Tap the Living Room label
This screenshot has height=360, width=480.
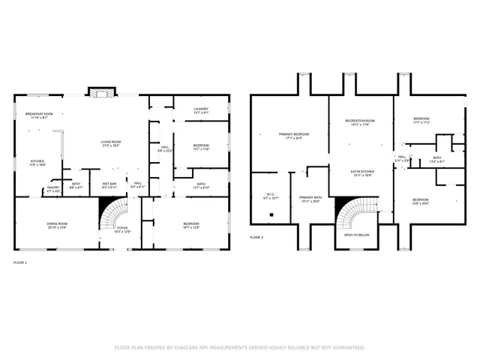coord(112,143)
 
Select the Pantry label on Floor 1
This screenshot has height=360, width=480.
coord(53,189)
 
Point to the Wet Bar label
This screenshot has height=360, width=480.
coord(109,184)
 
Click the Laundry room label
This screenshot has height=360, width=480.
coord(201,110)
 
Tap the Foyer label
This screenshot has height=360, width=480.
coord(121,229)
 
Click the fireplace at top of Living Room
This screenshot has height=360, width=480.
coord(100,92)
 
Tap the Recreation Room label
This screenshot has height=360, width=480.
coord(359,122)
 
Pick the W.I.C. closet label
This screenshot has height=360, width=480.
coord(271,197)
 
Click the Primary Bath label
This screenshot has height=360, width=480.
coord(310,199)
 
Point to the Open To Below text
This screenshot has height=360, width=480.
coord(356,235)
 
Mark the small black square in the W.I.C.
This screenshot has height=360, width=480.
coord(271,212)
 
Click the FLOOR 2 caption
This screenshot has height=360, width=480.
coord(256,237)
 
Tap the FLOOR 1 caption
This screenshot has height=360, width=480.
coord(20,262)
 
